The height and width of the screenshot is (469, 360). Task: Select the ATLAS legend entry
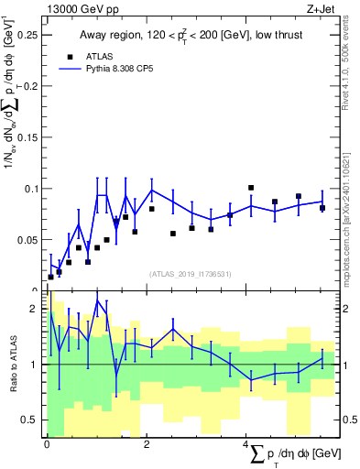93,55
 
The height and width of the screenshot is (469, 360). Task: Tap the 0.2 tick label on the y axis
30,86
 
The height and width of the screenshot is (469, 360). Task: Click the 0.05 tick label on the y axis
27,240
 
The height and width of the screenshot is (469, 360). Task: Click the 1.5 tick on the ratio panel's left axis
33,336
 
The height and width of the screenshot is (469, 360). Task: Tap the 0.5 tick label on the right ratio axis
349,420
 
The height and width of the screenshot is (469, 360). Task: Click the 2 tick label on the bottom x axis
147,444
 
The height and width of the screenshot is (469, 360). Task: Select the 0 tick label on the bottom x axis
46,444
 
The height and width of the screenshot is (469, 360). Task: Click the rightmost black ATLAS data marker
322,208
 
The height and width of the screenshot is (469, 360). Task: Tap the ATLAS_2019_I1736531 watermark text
191,274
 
